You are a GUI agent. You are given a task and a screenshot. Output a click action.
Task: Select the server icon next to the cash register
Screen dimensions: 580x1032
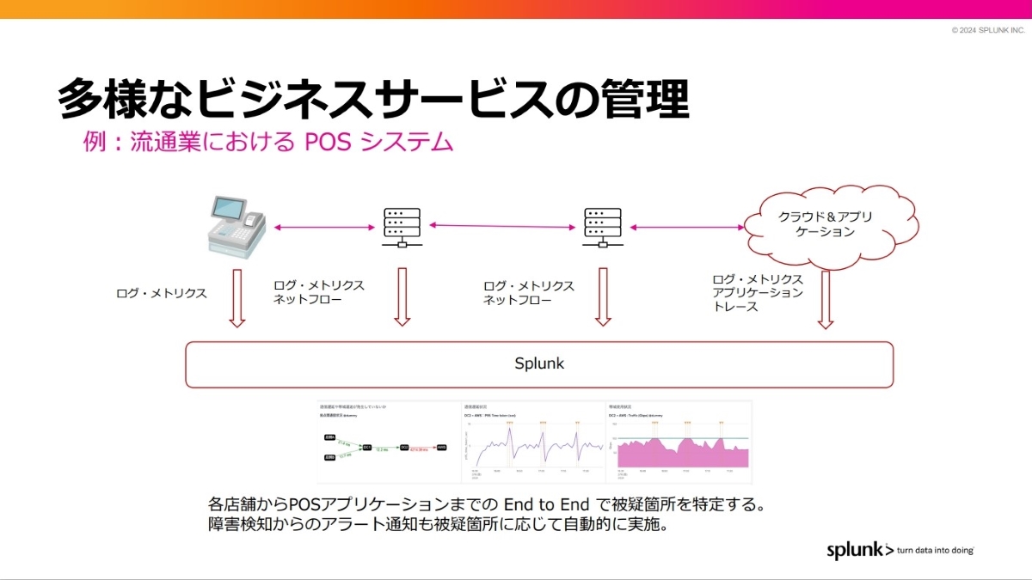click(x=402, y=228)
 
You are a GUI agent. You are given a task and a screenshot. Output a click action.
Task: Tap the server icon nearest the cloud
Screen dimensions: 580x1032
click(x=603, y=228)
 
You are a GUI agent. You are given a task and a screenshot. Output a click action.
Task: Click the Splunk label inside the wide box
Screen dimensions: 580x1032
click(x=539, y=363)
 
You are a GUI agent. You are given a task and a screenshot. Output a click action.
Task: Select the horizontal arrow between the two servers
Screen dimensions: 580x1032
click(x=502, y=226)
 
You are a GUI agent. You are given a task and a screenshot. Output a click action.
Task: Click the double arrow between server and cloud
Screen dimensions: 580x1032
click(x=687, y=227)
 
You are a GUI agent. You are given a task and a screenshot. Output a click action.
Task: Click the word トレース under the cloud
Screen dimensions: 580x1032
click(x=736, y=307)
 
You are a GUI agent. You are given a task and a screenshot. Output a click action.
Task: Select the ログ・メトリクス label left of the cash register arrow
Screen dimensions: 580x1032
click(x=162, y=294)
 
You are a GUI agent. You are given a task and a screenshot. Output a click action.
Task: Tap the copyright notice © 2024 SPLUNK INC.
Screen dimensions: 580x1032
click(x=988, y=30)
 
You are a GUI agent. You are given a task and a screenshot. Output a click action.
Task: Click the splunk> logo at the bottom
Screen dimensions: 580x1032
click(x=860, y=550)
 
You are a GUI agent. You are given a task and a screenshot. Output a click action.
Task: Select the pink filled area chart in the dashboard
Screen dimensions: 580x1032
click(x=679, y=453)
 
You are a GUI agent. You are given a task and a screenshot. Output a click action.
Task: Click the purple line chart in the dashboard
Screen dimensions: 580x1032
click(x=533, y=447)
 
